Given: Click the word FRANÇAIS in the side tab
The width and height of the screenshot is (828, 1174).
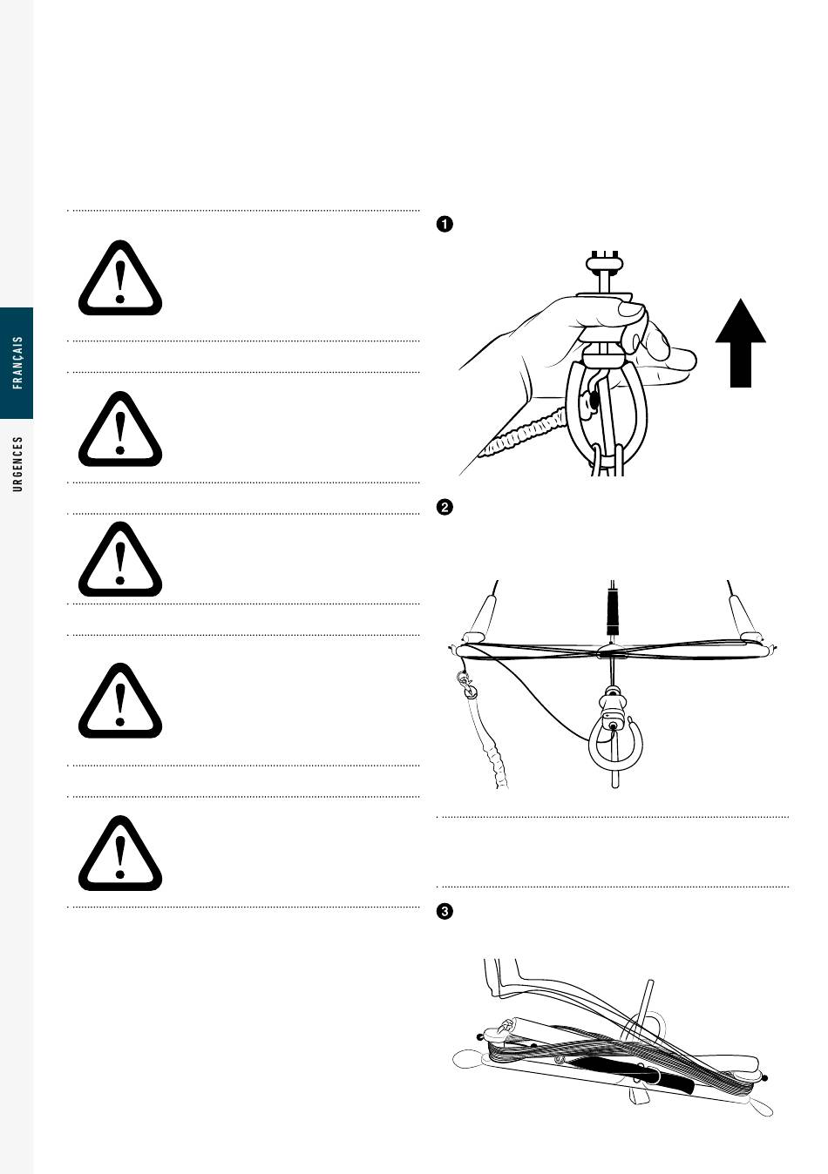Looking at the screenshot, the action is tap(17, 362).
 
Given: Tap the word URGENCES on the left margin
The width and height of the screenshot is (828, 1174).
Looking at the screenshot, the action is tap(17, 464).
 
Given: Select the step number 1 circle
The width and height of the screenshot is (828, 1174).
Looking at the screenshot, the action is tap(445, 225).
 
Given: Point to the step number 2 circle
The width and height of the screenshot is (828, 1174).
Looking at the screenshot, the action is tap(445, 508).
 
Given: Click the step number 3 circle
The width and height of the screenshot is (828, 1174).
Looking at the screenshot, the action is tap(445, 912).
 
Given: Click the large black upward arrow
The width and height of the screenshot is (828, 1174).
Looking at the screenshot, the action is tap(741, 343).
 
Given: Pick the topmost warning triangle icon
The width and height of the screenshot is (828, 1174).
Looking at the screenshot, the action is tap(120, 279).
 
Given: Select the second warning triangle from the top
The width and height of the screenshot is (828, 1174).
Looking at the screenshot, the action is tap(120, 429).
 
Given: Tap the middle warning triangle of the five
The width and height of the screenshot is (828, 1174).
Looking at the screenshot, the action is tap(120, 559).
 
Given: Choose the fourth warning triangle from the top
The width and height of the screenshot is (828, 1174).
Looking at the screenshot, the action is tap(120, 701).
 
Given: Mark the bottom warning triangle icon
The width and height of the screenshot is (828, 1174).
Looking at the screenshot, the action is tap(120, 854).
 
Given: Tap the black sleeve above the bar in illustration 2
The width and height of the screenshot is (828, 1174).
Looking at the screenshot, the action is tap(613, 611).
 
